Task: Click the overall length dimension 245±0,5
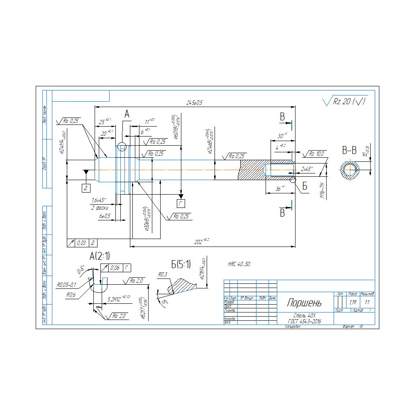(x=194, y=103)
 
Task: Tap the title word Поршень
(x=304, y=303)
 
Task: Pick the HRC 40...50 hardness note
(x=239, y=264)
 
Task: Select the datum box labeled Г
(x=181, y=203)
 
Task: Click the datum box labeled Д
(x=86, y=188)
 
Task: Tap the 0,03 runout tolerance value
(x=81, y=243)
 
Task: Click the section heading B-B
(x=349, y=150)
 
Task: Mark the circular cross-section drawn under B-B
(x=349, y=170)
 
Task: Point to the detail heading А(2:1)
(x=100, y=256)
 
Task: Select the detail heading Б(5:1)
(x=181, y=264)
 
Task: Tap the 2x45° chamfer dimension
(x=307, y=169)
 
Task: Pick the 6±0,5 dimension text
(x=105, y=216)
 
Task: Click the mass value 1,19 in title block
(x=353, y=302)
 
